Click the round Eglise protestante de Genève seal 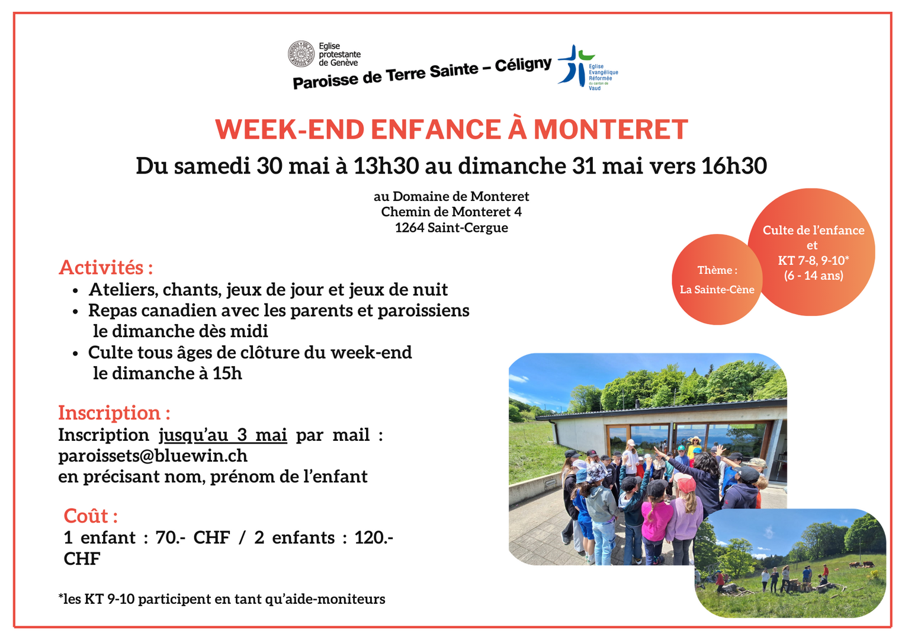[x=301, y=54]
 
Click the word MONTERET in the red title [x=611, y=129]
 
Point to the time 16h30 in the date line [x=734, y=166]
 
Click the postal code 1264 [x=409, y=228]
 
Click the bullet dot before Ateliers [x=75, y=291]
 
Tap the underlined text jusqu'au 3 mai [x=223, y=436]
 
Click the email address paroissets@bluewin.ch [x=153, y=456]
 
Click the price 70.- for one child [x=170, y=537]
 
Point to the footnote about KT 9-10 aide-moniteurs [x=222, y=599]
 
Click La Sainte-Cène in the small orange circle [x=717, y=289]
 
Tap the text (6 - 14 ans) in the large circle [x=813, y=276]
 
